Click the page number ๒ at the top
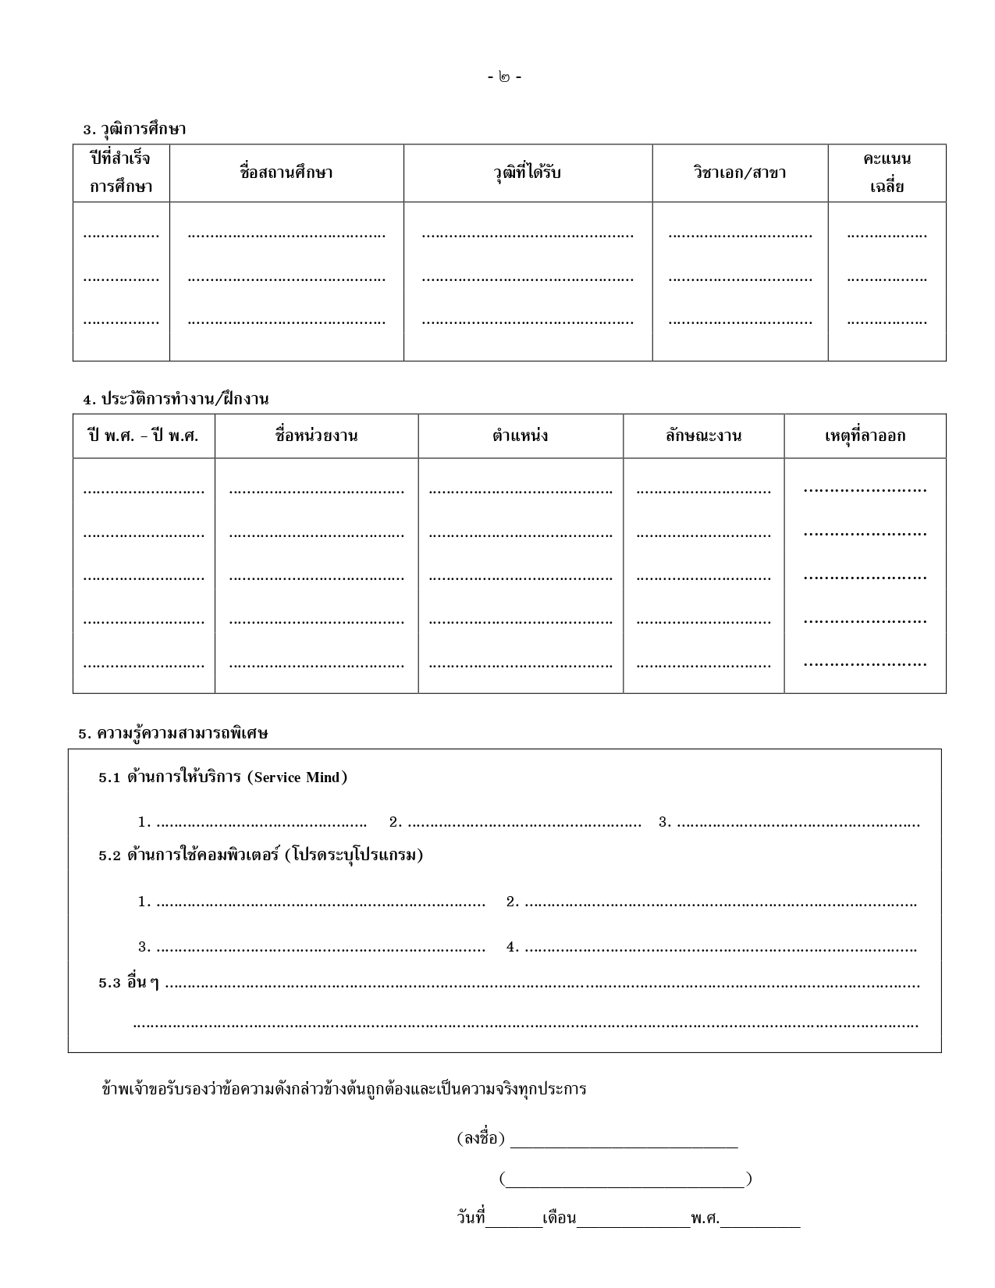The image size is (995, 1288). tap(504, 77)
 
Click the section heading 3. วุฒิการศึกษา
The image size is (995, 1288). tap(134, 129)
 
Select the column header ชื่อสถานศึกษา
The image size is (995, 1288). tap(286, 173)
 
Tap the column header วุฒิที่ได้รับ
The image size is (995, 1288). tap(528, 173)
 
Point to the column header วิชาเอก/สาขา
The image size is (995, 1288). tap(739, 173)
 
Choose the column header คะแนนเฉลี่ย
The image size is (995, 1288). tap(887, 173)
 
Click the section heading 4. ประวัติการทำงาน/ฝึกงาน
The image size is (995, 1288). tap(176, 399)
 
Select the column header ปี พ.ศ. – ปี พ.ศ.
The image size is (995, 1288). tap(144, 436)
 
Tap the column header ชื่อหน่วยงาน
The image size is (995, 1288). tap(316, 436)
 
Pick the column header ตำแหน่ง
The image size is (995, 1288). tap(520, 436)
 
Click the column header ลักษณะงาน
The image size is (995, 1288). tap(703, 436)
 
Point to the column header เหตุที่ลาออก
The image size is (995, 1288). tap(865, 436)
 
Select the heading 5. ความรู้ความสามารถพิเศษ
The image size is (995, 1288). tap(173, 734)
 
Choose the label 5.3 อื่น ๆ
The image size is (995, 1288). tap(129, 984)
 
